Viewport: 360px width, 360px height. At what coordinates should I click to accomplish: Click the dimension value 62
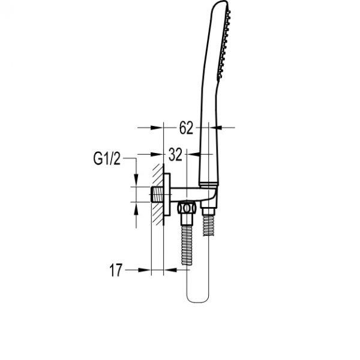point(186,128)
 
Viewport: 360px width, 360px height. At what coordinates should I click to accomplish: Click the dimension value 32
point(175,154)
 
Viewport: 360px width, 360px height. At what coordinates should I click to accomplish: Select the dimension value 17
point(116,270)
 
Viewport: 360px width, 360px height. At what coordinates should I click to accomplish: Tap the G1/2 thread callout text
point(107,158)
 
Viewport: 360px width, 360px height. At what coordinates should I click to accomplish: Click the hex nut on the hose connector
point(187,208)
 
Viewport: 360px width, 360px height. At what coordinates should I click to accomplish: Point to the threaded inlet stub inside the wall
point(157,194)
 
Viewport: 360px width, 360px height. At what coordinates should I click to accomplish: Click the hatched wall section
point(157,194)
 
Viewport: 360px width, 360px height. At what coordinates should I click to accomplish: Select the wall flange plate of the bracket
point(167,194)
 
